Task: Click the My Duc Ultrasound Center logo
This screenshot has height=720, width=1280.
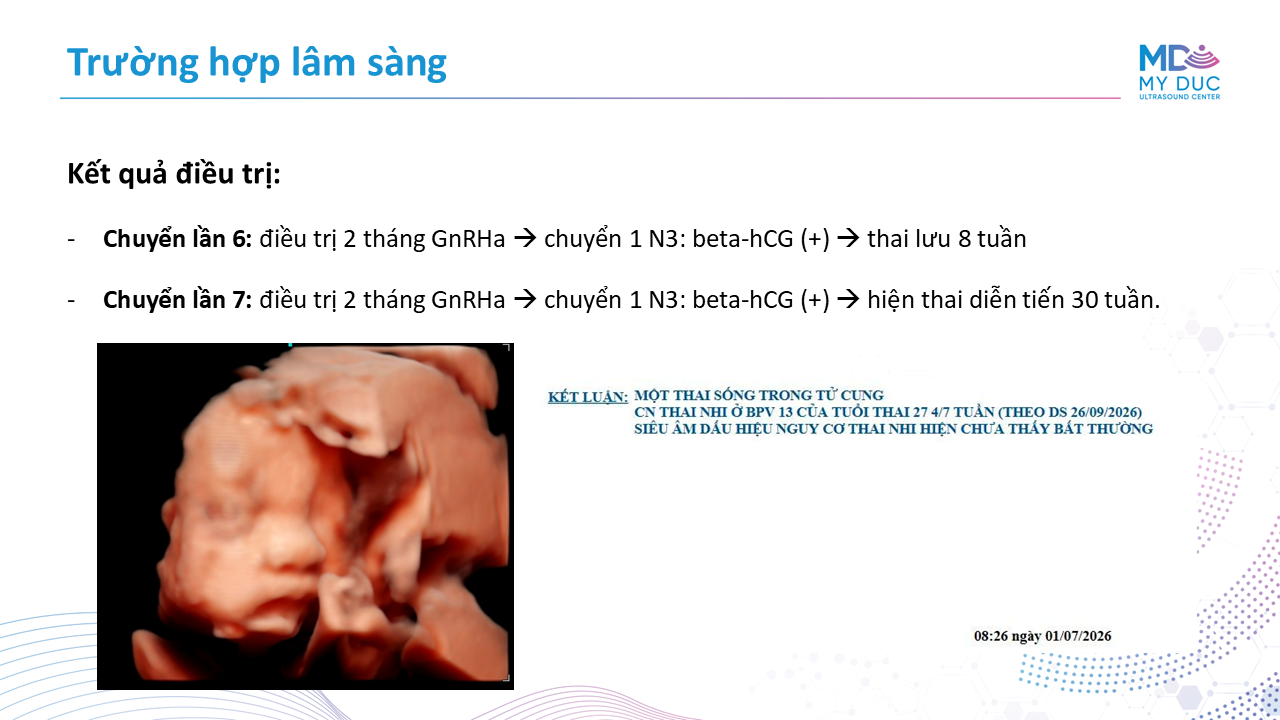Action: point(1179,72)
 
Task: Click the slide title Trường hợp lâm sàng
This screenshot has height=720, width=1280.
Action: point(257,63)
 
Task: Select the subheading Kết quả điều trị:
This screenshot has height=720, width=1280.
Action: point(174,173)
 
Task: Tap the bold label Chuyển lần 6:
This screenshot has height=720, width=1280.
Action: point(177,239)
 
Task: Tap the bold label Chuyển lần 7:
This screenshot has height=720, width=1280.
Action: point(177,300)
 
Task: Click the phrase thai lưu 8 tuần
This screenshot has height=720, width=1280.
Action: point(946,239)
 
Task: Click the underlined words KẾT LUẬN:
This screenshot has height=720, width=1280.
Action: point(587,397)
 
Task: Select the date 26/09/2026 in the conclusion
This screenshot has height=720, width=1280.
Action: point(1105,412)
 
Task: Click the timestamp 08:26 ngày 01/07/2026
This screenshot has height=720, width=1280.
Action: point(1042,636)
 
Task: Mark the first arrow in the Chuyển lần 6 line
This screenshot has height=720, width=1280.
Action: point(525,239)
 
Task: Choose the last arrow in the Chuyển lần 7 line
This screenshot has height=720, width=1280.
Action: point(848,300)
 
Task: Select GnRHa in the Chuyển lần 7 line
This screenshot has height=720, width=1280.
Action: point(468,300)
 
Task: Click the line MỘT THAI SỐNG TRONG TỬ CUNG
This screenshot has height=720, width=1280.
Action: point(759,395)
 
